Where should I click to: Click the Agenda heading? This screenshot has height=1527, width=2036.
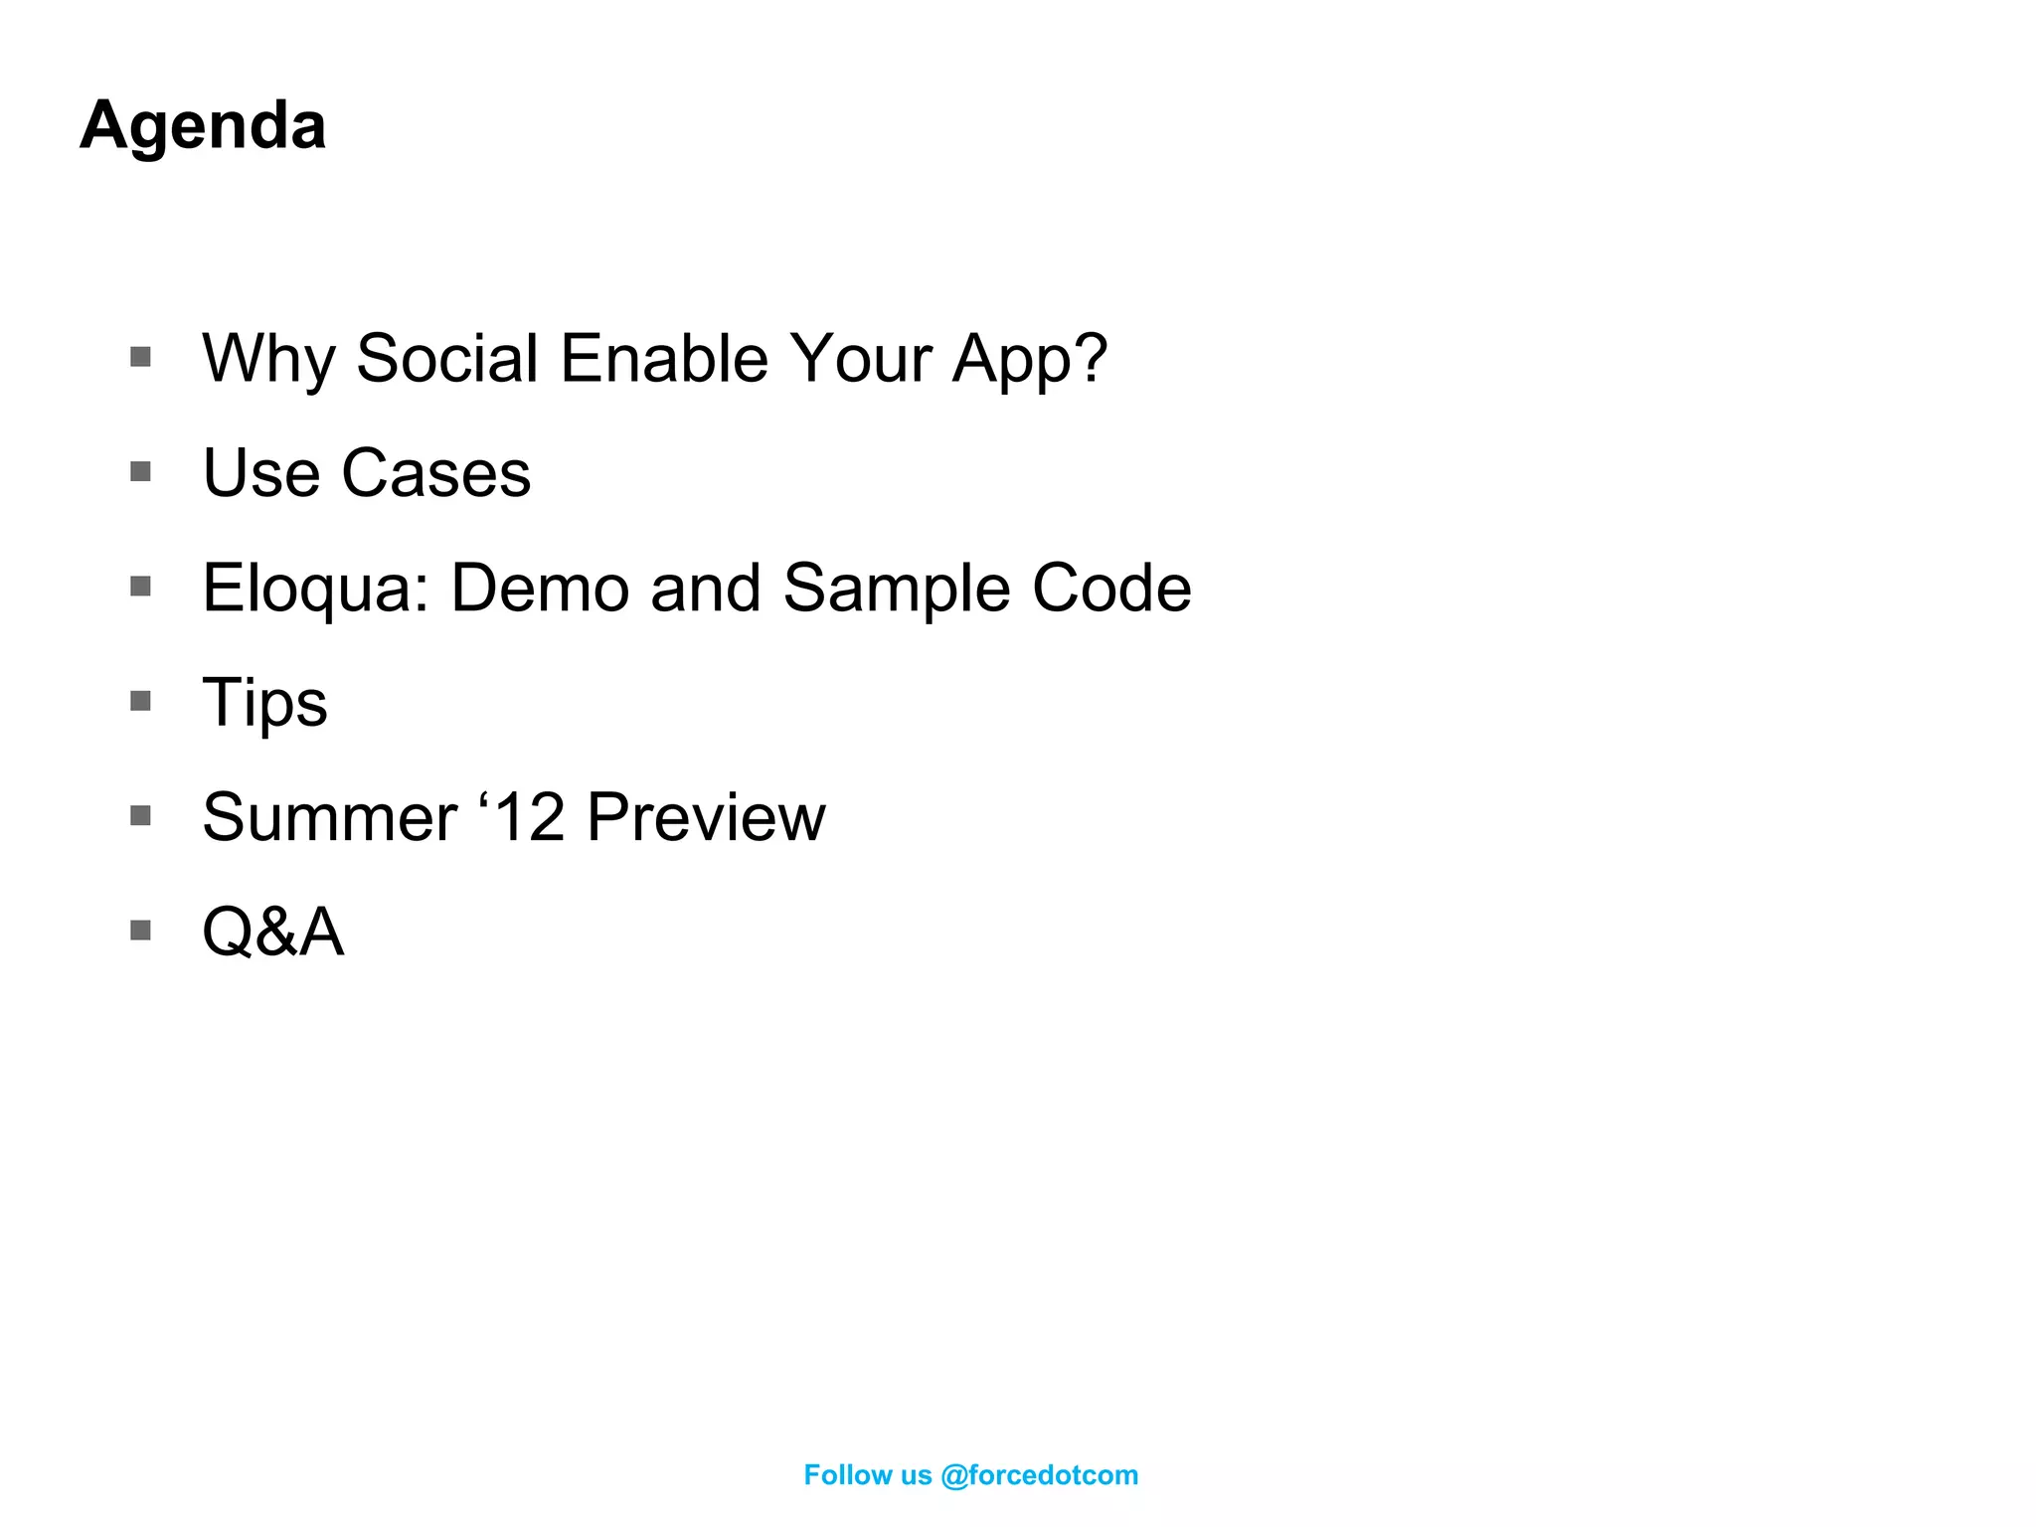[x=203, y=126]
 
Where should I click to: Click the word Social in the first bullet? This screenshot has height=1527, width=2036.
[x=446, y=358]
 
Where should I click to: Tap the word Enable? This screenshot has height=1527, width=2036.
[x=664, y=358]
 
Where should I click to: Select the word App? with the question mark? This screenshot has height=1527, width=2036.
[x=1029, y=360]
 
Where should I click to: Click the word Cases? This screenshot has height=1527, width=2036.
[x=435, y=473]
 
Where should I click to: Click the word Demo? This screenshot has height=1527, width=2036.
[x=540, y=588]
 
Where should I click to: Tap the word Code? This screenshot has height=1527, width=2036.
[x=1111, y=588]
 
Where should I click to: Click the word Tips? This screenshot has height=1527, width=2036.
[x=264, y=703]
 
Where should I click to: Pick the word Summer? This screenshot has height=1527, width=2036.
[x=329, y=817]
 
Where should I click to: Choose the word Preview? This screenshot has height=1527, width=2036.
[x=706, y=817]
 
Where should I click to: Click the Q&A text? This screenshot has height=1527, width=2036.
[x=273, y=933]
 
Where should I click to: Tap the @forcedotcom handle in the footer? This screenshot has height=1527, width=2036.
[x=1039, y=1475]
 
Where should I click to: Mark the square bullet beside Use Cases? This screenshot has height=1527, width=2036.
[x=140, y=471]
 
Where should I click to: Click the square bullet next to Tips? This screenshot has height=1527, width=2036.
[x=140, y=701]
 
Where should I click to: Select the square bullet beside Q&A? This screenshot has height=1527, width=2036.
[x=140, y=931]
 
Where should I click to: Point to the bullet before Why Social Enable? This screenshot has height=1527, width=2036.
[x=140, y=357]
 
